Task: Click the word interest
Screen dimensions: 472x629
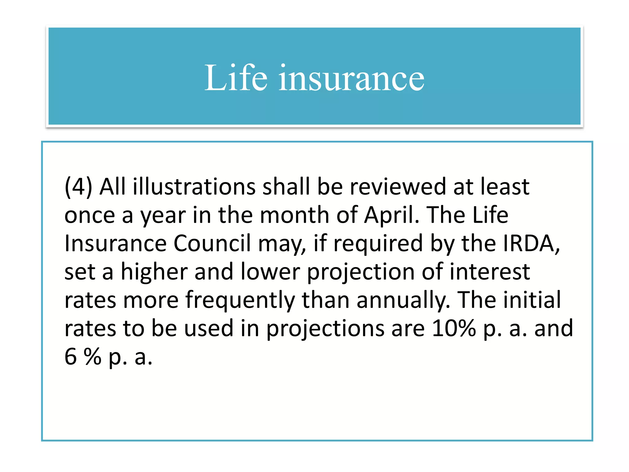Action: (490, 272)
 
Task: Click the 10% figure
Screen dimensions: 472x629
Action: (454, 328)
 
